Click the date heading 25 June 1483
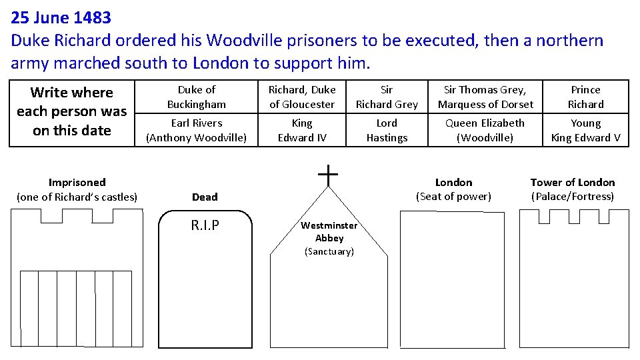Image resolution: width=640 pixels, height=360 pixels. point(61,17)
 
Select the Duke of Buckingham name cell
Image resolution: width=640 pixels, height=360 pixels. point(197,97)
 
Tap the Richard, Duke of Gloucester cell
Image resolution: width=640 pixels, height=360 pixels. point(302,97)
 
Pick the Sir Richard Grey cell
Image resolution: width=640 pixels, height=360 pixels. point(387,97)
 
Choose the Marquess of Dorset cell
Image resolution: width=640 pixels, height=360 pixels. point(485,97)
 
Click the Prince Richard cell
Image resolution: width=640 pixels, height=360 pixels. point(585,97)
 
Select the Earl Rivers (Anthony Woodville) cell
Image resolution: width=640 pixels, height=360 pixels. point(197,130)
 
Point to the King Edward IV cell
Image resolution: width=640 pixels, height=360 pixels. point(302,130)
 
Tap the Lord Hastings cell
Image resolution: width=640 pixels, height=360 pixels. point(387,130)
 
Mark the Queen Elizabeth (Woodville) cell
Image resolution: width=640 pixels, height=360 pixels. point(485,130)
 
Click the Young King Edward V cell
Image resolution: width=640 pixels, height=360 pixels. point(585,130)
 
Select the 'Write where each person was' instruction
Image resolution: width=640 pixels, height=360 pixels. point(72,111)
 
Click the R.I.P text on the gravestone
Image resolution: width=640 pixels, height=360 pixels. point(205,225)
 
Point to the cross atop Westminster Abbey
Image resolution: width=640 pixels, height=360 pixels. point(328,176)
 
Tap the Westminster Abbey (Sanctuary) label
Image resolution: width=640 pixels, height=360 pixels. point(329,238)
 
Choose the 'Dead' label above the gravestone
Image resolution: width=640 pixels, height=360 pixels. point(205,197)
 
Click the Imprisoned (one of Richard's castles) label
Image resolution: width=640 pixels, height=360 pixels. point(77,189)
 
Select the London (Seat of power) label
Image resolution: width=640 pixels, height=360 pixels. point(453,189)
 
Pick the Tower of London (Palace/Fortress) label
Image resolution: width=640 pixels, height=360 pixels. point(573,189)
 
